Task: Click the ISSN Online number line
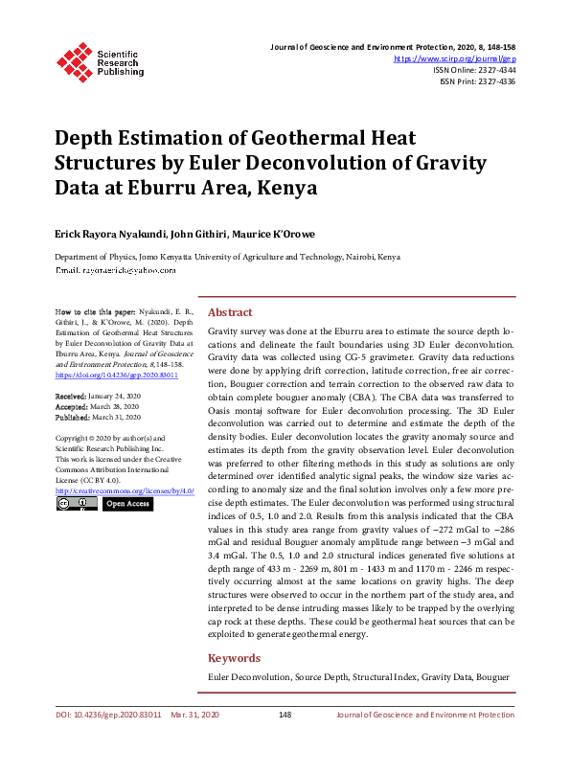pyautogui.click(x=474, y=70)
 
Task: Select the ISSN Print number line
pyautogui.click(x=477, y=82)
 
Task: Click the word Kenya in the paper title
pyautogui.click(x=285, y=188)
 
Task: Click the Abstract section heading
pyautogui.click(x=231, y=312)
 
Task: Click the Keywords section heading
pyautogui.click(x=235, y=658)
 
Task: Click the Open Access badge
pyautogui.click(x=126, y=503)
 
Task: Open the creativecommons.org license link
pyautogui.click(x=125, y=489)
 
